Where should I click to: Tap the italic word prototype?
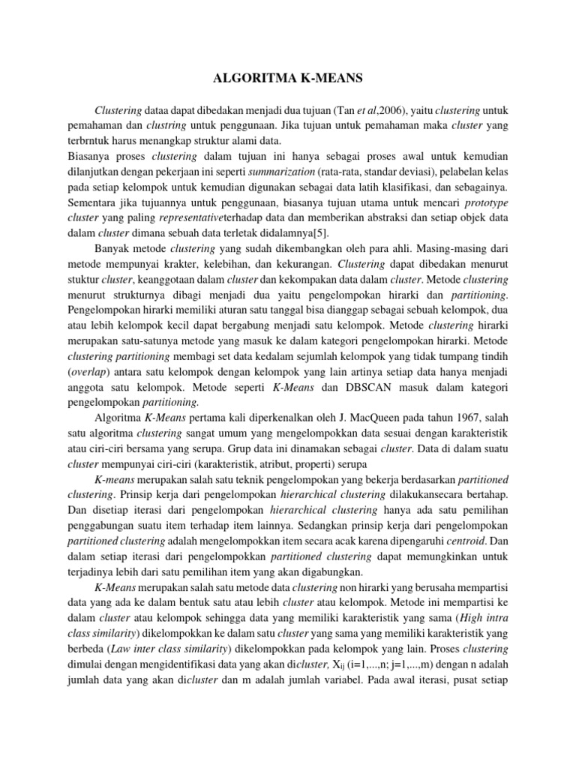pyautogui.click(x=486, y=202)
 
